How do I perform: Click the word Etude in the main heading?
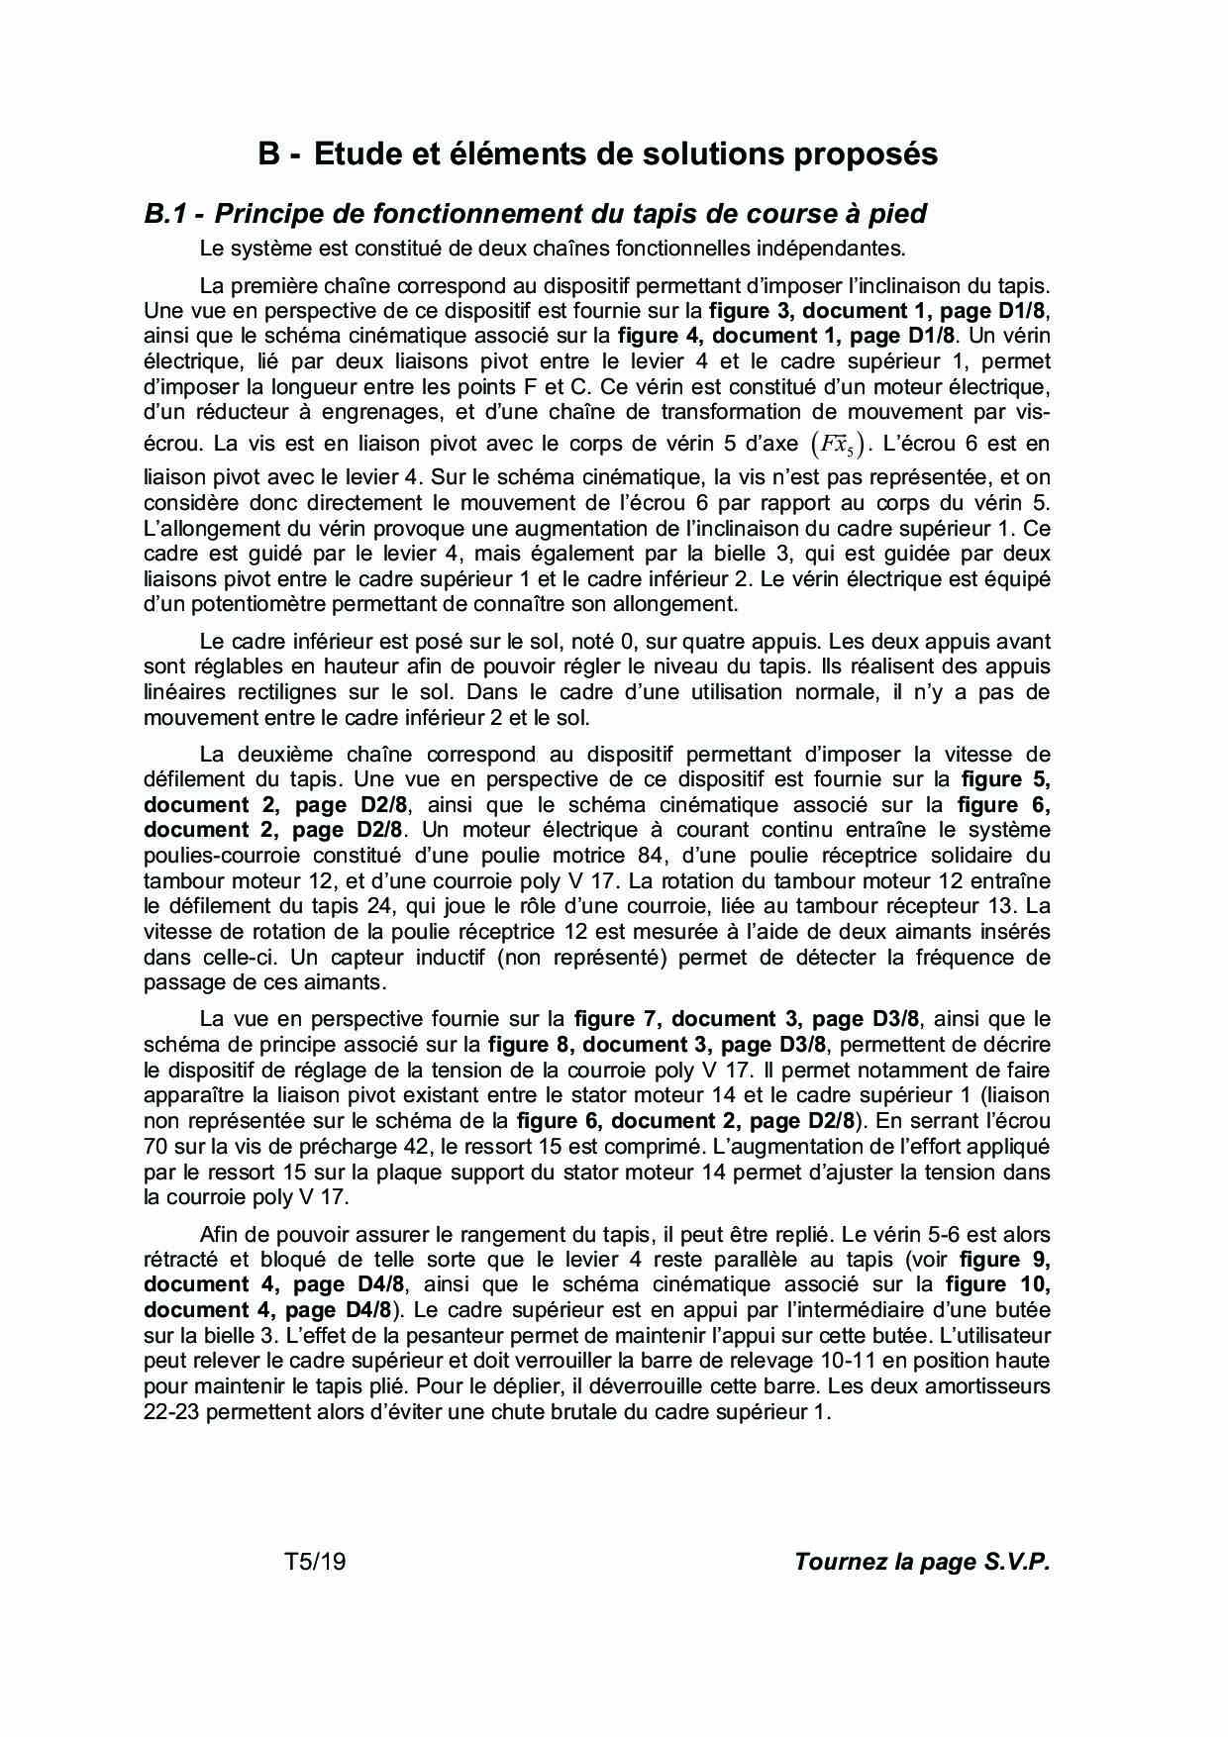click(x=357, y=154)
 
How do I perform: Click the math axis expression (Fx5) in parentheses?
click(x=836, y=444)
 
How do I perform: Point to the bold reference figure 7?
click(x=616, y=1018)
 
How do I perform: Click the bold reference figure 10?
click(x=998, y=1284)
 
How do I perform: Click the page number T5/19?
click(x=315, y=1562)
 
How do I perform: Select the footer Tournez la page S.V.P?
click(x=921, y=1562)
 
